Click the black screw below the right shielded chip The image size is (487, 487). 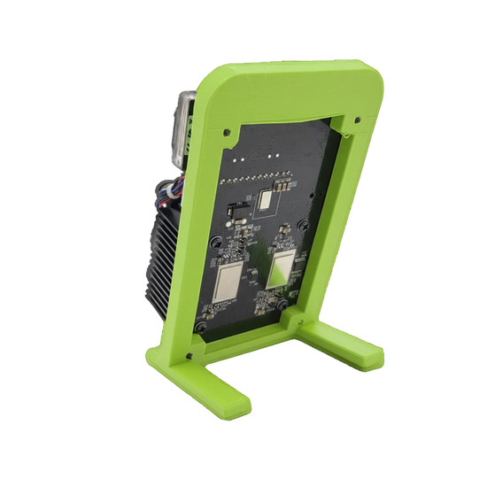point(285,305)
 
